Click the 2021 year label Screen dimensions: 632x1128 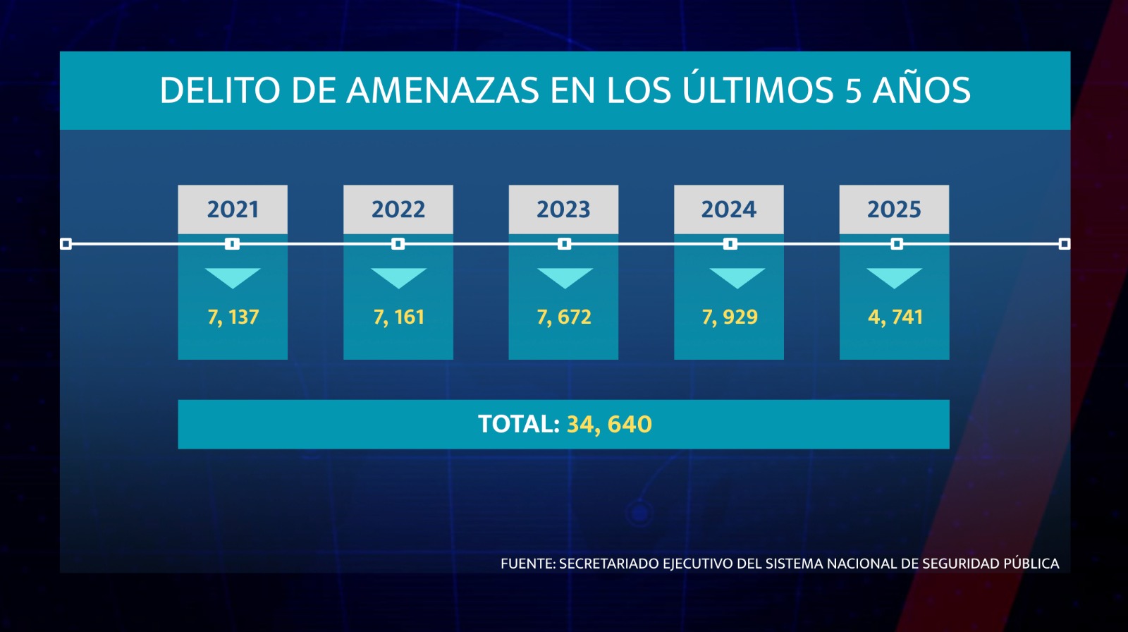pyautogui.click(x=233, y=209)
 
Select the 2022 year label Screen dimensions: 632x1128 pyautogui.click(x=398, y=209)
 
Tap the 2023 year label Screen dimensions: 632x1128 pyautogui.click(x=563, y=209)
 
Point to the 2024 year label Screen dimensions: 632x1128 pyautogui.click(x=728, y=209)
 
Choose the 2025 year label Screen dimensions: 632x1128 pyautogui.click(x=894, y=209)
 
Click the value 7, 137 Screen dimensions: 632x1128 pyautogui.click(x=233, y=317)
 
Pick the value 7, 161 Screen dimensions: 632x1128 pyautogui.click(x=398, y=317)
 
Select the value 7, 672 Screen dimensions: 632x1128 pyautogui.click(x=564, y=317)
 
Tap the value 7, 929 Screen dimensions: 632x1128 pyautogui.click(x=729, y=317)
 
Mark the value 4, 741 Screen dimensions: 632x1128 pyautogui.click(x=895, y=317)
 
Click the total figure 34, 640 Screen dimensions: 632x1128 pyautogui.click(x=609, y=425)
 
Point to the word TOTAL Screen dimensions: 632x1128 pyautogui.click(x=518, y=424)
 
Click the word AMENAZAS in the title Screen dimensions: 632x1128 pyautogui.click(x=443, y=91)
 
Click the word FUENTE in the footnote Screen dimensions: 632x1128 pyautogui.click(x=527, y=564)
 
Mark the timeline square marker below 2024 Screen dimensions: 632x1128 pyautogui.click(x=730, y=244)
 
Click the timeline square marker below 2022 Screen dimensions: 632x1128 pyautogui.click(x=398, y=244)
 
